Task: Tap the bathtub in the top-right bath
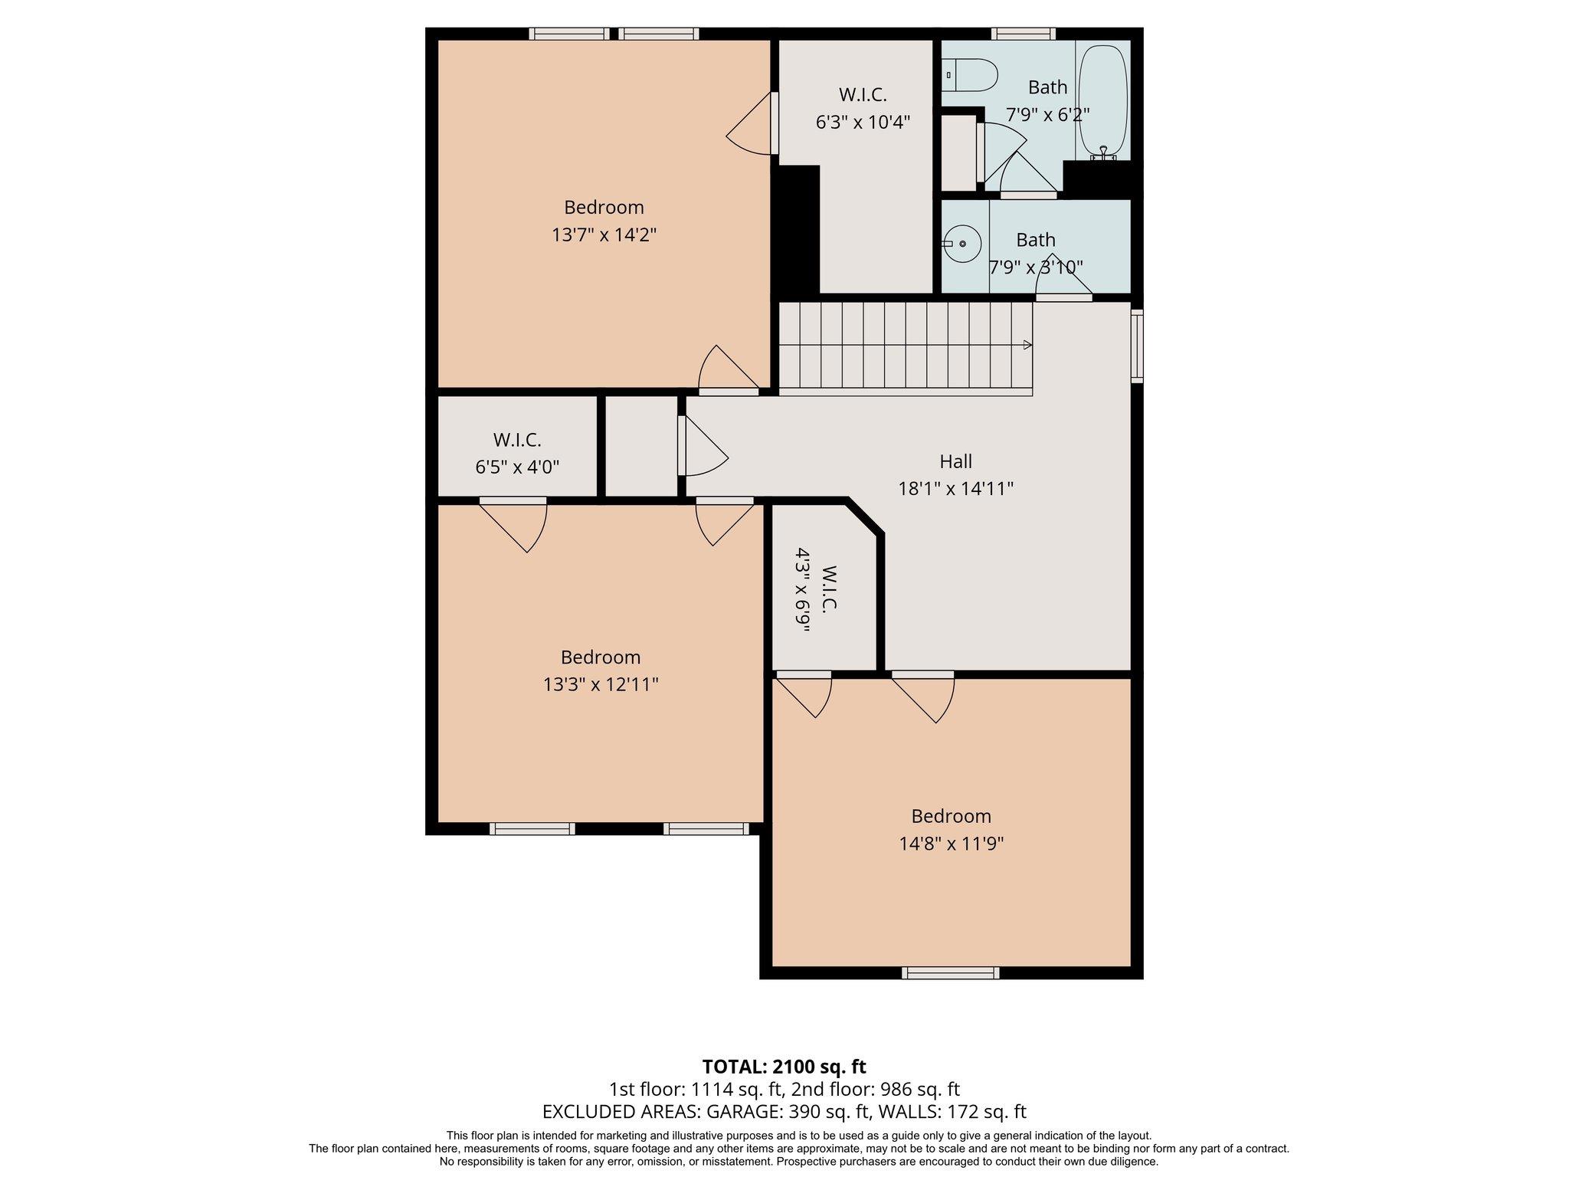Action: coord(1103,100)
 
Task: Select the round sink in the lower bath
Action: coord(962,244)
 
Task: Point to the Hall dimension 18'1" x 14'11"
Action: coord(955,488)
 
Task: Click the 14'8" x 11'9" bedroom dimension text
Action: coord(951,844)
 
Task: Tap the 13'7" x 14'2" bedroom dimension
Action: coord(604,234)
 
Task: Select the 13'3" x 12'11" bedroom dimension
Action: coord(601,684)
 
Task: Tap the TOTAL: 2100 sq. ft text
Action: coord(784,1067)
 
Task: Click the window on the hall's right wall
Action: coord(1137,346)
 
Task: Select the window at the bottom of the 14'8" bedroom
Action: coord(950,973)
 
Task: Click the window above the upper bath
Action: coord(1023,34)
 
